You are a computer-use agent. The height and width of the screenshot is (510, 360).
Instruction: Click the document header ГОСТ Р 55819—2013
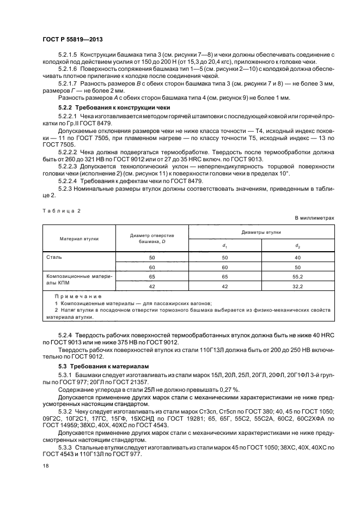72,41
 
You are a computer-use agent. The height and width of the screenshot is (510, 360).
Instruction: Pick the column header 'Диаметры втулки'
262,232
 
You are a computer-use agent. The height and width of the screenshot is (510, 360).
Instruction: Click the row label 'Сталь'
54,257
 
